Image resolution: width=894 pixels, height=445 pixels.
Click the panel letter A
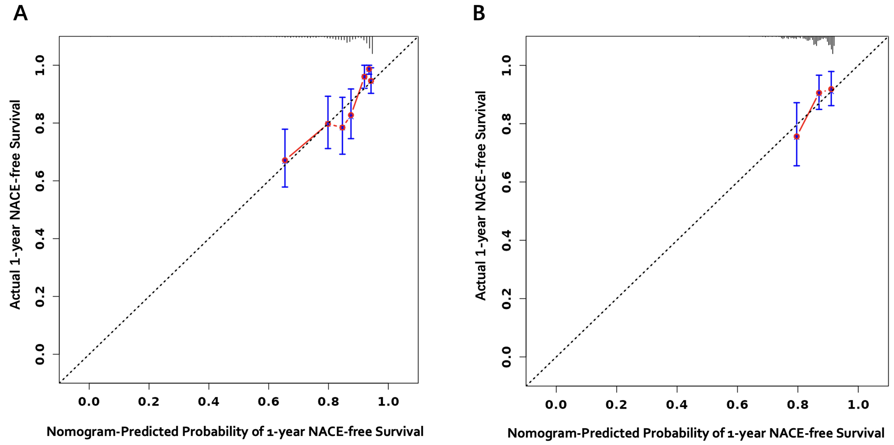(20, 14)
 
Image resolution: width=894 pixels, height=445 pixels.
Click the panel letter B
(479, 14)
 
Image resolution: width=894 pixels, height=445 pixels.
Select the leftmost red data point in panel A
(285, 160)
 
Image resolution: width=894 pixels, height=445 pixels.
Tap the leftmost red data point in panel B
(797, 136)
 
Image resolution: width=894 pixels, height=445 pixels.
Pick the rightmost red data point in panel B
(831, 89)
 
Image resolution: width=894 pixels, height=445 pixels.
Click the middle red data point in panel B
(819, 93)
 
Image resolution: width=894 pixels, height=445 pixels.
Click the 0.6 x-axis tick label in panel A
(268, 402)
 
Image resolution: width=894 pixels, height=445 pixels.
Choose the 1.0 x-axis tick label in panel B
(858, 405)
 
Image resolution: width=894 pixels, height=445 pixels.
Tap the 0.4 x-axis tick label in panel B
(677, 405)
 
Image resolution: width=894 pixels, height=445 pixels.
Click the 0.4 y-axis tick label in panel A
(40, 239)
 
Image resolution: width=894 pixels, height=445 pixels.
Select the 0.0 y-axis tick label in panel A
(40, 354)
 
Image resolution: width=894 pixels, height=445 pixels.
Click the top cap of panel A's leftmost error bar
(285, 129)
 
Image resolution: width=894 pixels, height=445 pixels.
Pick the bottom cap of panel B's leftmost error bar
(797, 166)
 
